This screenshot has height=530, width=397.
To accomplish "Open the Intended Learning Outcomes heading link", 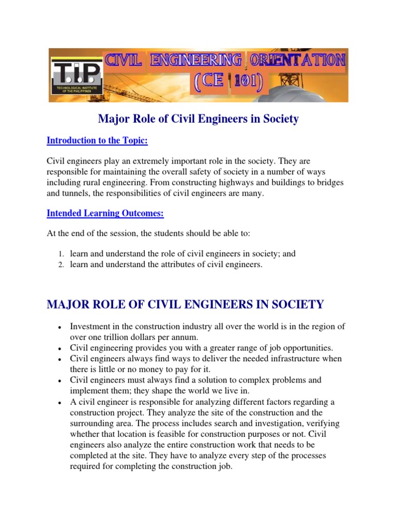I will click(x=105, y=213).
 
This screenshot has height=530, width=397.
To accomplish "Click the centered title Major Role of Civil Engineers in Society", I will click(x=198, y=119).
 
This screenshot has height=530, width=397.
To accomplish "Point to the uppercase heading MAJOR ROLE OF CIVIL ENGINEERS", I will click(x=185, y=304).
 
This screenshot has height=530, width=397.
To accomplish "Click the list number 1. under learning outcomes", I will click(x=60, y=254).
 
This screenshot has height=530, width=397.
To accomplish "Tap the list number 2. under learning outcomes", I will click(x=60, y=265).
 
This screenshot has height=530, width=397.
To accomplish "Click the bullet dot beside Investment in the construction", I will click(x=60, y=328).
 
